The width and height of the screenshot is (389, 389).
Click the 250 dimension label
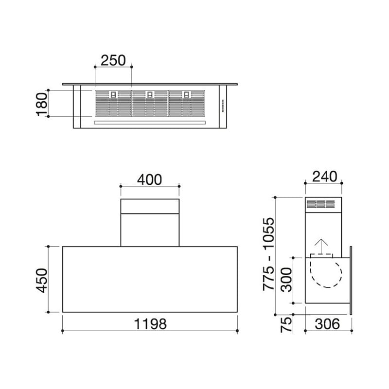click(x=113, y=60)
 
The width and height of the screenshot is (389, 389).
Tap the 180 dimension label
click(x=42, y=104)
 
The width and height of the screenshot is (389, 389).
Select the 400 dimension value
click(x=150, y=179)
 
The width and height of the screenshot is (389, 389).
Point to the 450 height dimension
click(x=42, y=281)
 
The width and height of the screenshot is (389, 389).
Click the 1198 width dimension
click(x=150, y=324)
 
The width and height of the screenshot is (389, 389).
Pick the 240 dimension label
click(x=324, y=177)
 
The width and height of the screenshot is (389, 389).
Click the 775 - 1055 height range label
click(x=269, y=254)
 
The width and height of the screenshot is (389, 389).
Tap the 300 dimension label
click(x=286, y=280)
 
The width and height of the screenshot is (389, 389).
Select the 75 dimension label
click(x=286, y=324)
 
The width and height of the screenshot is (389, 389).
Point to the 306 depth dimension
click(x=327, y=324)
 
